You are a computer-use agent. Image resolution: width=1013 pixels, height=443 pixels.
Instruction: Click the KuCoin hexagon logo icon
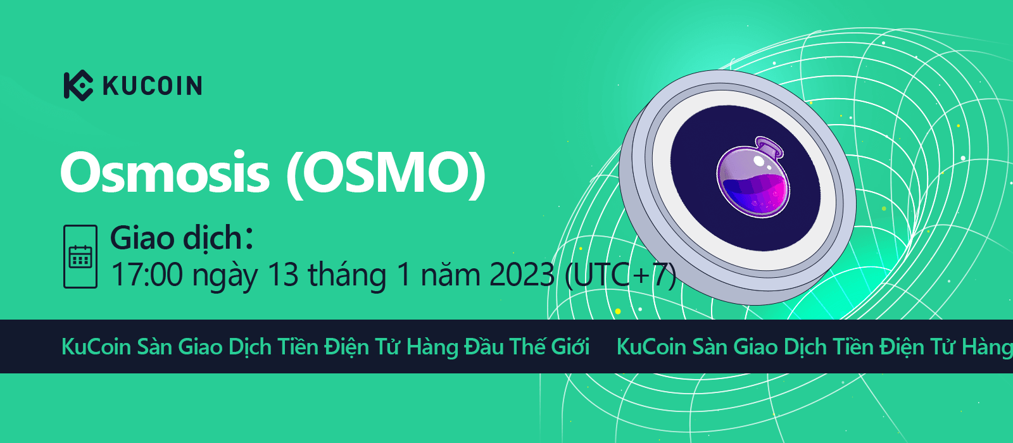coord(79,85)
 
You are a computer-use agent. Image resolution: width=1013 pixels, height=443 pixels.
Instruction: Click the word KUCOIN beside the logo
coord(153,86)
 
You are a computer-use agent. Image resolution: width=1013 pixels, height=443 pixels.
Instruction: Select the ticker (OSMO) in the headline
coord(386,175)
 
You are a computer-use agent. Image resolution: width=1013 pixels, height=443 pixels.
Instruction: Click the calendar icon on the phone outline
coord(80,256)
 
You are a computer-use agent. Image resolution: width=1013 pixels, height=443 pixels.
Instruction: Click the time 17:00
coord(147,275)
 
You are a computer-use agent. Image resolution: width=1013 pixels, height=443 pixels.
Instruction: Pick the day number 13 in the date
coord(283,275)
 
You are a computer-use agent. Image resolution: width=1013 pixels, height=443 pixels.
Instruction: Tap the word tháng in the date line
coord(348,276)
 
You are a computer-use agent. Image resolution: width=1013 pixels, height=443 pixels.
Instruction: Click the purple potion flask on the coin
coord(753,178)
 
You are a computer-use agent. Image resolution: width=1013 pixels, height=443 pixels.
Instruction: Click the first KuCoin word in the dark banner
coord(96,347)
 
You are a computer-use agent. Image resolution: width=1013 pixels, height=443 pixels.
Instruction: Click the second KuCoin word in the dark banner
coord(651,347)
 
